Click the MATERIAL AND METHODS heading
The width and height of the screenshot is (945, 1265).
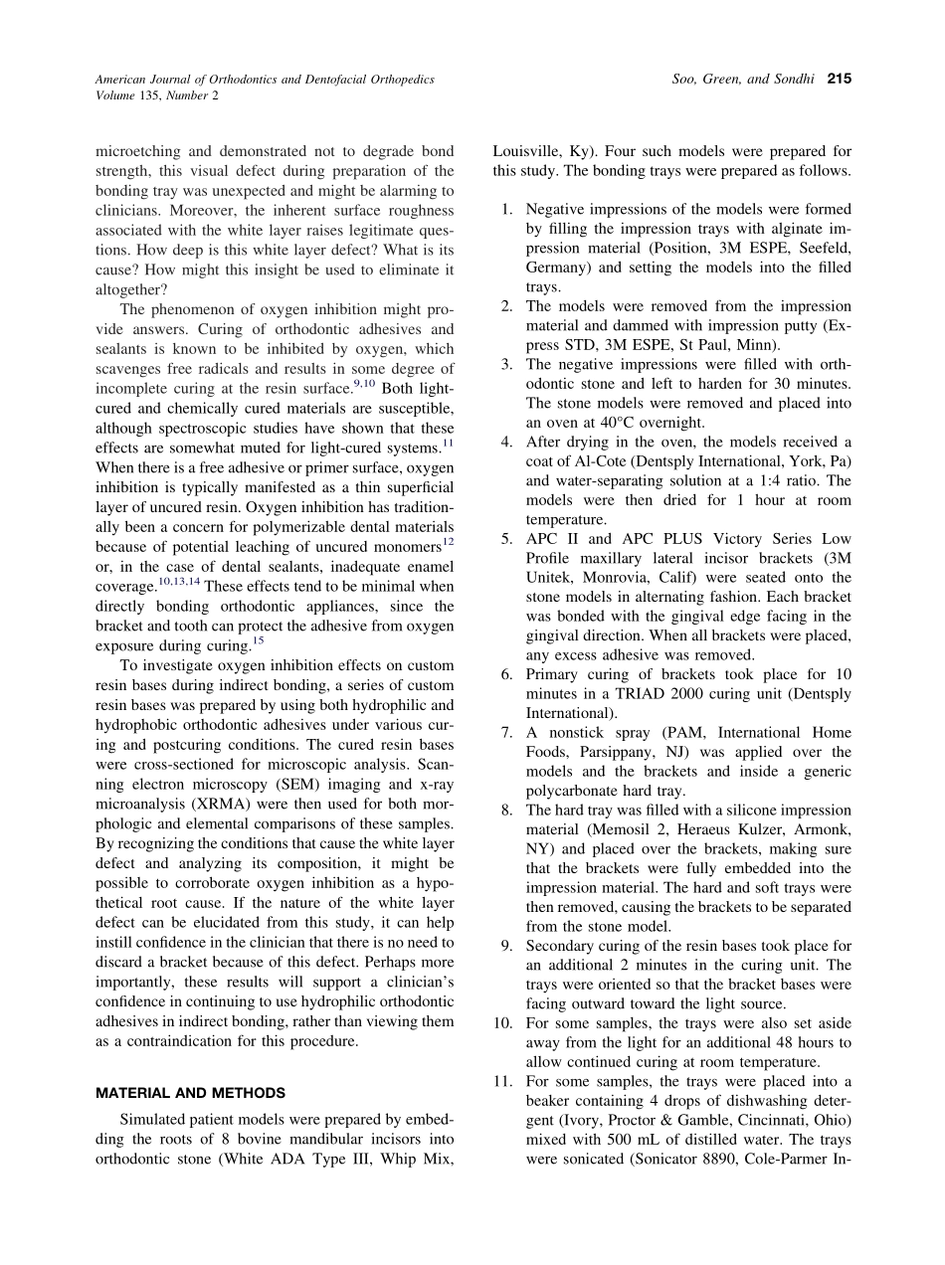tap(190, 1093)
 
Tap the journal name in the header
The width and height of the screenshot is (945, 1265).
tap(265, 79)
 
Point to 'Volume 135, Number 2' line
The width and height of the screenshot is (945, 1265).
tap(157, 95)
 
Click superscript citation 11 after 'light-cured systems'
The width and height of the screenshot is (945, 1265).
tap(448, 443)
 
